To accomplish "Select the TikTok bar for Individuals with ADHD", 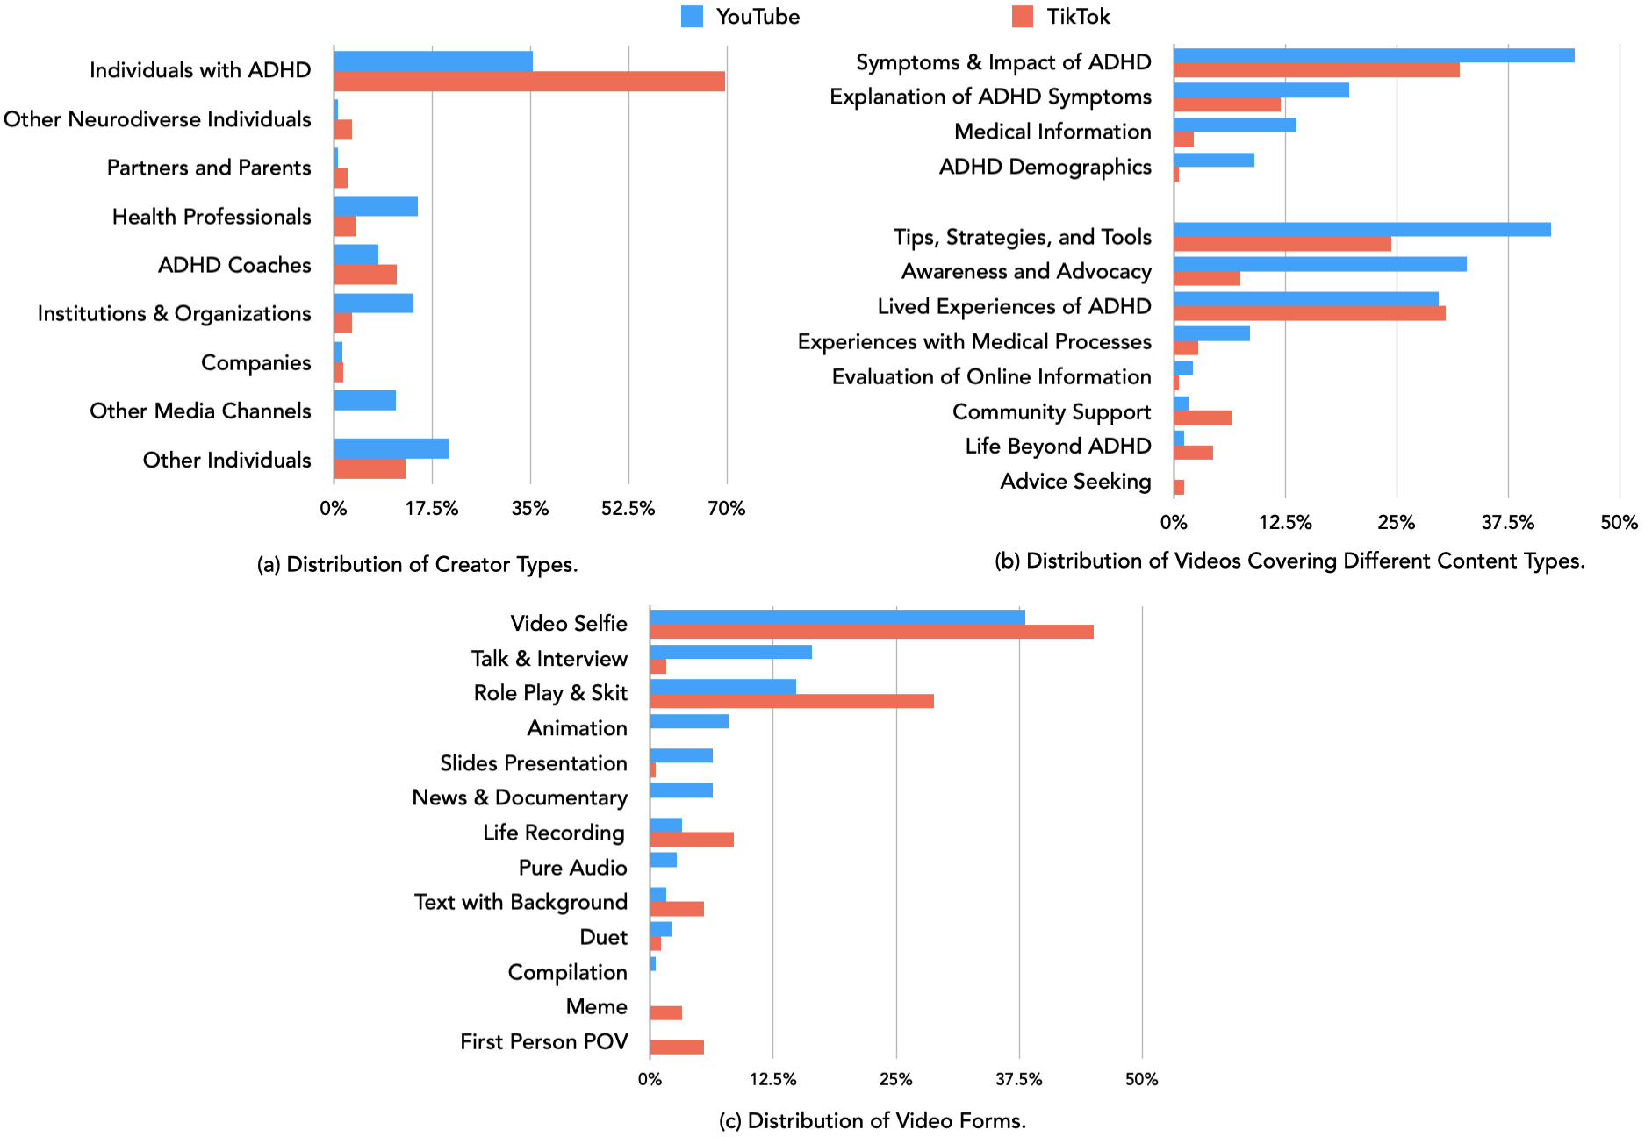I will click(528, 82).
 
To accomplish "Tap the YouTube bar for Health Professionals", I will click(376, 206).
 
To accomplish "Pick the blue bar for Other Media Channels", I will click(364, 401).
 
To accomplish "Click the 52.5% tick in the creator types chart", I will click(628, 509).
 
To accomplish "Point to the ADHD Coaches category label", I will click(234, 265).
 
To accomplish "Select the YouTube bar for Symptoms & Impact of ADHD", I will click(1373, 55).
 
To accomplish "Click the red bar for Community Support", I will click(1203, 418).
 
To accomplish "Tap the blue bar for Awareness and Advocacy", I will click(1319, 264).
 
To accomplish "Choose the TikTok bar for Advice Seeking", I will click(1179, 487).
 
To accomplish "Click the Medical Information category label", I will click(1052, 132).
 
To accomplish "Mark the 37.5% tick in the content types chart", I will click(1507, 523).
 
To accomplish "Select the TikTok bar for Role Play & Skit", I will click(791, 701).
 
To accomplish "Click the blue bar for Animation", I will click(689, 721).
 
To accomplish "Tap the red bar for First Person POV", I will click(677, 1047).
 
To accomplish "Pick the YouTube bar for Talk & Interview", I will click(730, 652).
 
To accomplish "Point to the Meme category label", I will click(596, 1006).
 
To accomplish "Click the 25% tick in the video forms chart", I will click(895, 1079).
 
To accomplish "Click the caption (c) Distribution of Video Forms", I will click(872, 1120).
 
